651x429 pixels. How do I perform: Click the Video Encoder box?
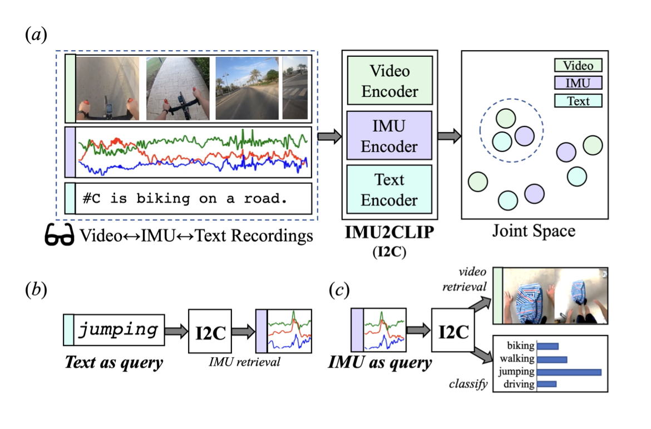[x=389, y=80]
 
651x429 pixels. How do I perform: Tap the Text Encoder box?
[x=389, y=189]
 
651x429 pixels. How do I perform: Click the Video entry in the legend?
[x=578, y=66]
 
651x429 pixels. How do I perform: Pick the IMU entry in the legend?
[x=578, y=83]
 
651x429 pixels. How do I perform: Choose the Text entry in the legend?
[x=578, y=101]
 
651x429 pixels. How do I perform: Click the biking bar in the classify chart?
[x=548, y=347]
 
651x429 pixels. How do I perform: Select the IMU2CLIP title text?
[x=389, y=231]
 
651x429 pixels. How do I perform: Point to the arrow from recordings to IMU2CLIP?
[x=328, y=136]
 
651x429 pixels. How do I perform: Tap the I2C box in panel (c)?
[x=453, y=331]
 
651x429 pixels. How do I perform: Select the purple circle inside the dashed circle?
[x=524, y=136]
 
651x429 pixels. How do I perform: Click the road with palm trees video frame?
[x=246, y=87]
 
